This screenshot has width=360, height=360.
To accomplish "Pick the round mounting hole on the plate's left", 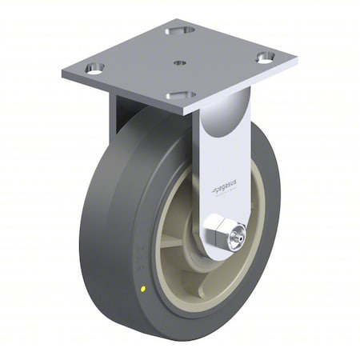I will point(94,71).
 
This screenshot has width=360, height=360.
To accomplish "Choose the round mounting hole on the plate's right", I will point(264,57).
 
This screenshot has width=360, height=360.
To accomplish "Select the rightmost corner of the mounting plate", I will point(295,60).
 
